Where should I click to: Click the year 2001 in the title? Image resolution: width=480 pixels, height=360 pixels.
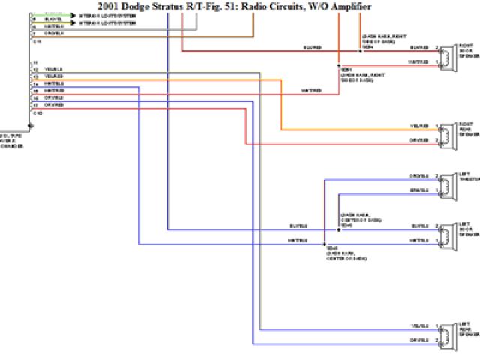pyautogui.click(x=110, y=6)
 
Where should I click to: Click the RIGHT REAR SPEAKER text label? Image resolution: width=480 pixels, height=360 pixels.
pyautogui.click(x=466, y=129)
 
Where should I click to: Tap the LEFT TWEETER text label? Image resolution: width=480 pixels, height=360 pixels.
pyautogui.click(x=468, y=177)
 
